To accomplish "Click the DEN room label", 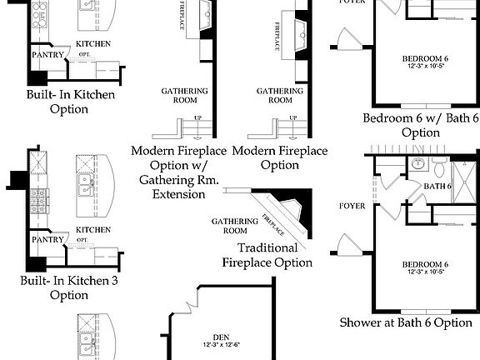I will [220, 337].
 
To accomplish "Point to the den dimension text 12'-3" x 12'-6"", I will [220, 345].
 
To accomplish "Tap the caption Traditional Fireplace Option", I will [267, 255].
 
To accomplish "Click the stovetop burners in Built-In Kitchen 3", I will [37, 200].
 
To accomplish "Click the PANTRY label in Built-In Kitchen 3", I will [48, 239].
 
